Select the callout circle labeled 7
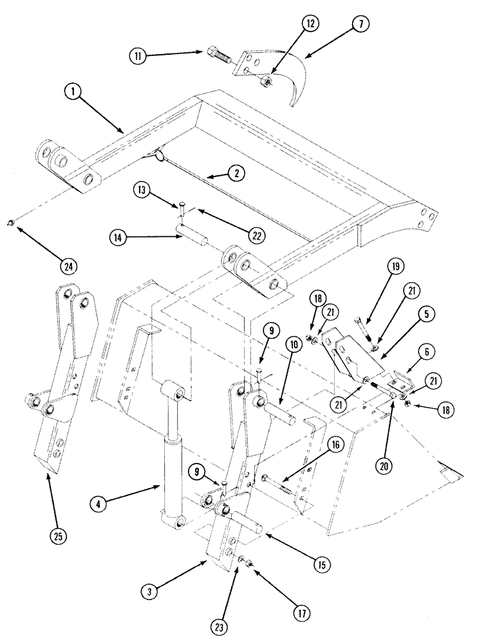coord(359,25)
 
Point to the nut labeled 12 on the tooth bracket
coord(265,82)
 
